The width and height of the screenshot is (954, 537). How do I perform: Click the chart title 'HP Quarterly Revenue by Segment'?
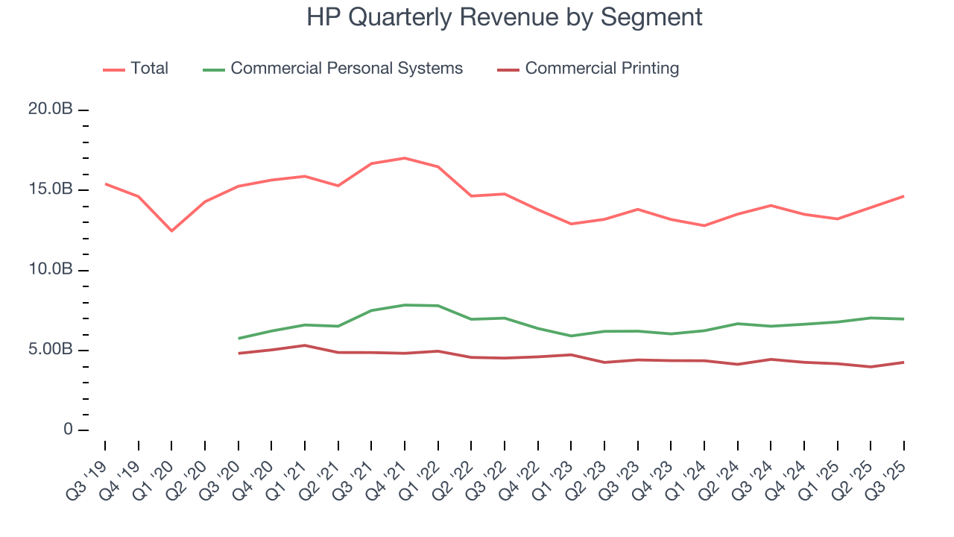504,17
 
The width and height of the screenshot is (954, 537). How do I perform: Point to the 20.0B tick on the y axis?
50,110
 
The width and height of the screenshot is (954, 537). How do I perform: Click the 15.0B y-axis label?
50,189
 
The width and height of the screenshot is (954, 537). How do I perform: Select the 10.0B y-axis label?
50,269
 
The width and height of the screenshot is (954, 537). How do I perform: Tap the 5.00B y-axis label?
50,350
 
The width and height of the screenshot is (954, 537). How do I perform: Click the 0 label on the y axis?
69,430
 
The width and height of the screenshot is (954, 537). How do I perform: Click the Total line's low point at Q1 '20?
171,230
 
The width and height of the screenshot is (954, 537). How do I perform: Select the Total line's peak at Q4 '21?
404,158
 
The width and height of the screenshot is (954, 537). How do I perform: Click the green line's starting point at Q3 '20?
238,339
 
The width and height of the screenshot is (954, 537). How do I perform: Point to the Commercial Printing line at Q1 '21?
305,345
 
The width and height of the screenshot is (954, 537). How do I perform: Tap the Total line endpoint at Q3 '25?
904,196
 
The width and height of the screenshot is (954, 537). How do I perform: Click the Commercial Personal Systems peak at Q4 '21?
404,305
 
